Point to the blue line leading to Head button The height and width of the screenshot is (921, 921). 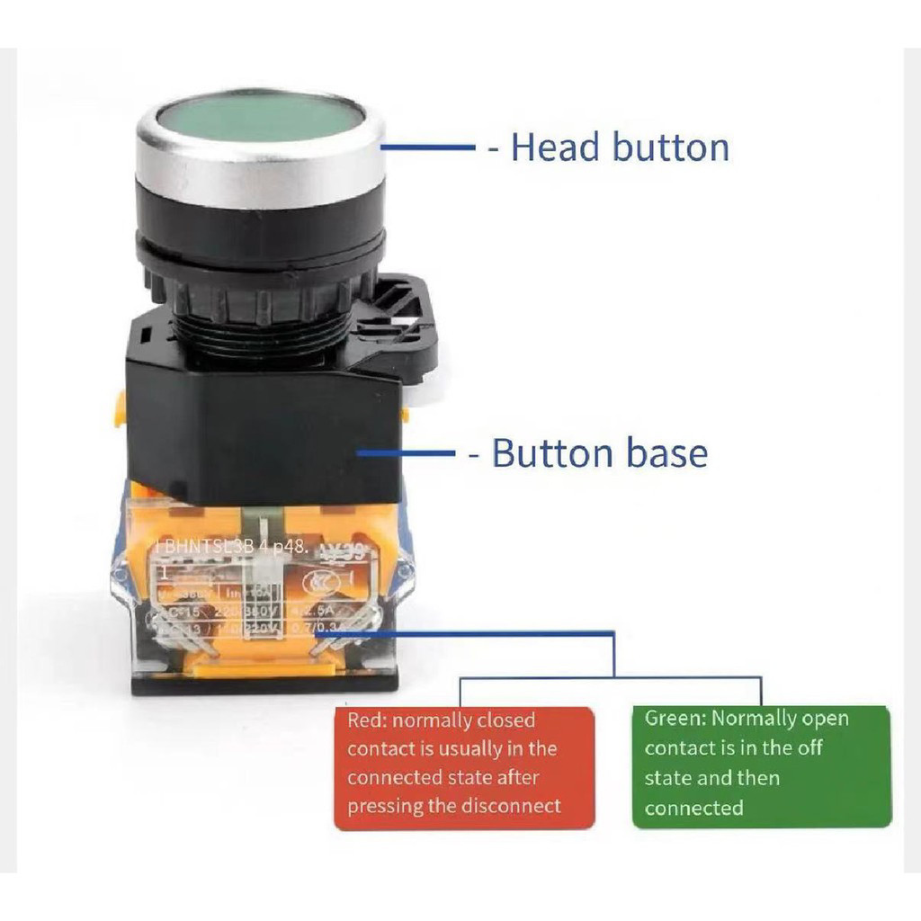click(428, 148)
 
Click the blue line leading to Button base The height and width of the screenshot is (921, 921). click(409, 453)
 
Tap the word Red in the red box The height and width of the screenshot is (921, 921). click(367, 720)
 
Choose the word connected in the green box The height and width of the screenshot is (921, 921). click(693, 807)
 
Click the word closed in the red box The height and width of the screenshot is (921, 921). click(505, 720)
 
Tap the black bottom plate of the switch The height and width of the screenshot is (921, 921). click(264, 684)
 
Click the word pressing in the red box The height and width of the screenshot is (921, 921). click(385, 805)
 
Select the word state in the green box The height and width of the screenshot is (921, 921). click(666, 777)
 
